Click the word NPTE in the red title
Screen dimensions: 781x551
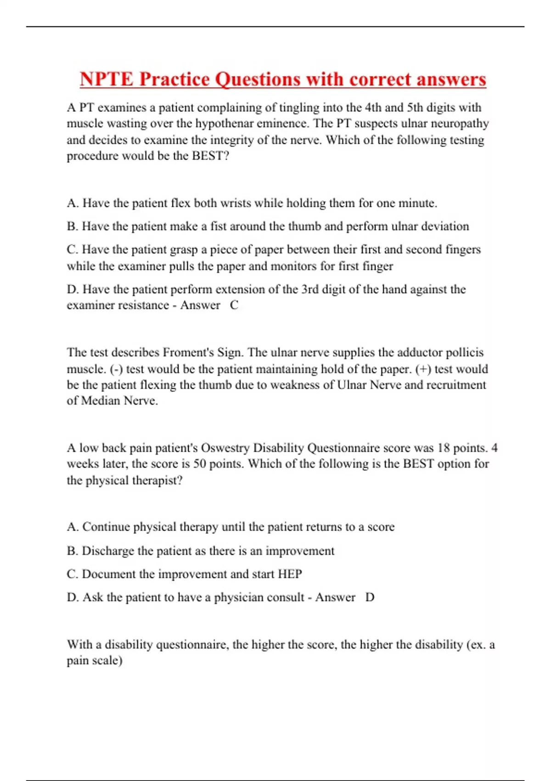point(107,79)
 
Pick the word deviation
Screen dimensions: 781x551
point(445,226)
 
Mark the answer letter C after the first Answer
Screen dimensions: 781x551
point(234,306)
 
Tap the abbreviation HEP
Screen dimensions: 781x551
point(290,574)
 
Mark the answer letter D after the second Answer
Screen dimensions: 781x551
point(370,598)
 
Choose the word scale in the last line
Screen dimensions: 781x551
point(106,661)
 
